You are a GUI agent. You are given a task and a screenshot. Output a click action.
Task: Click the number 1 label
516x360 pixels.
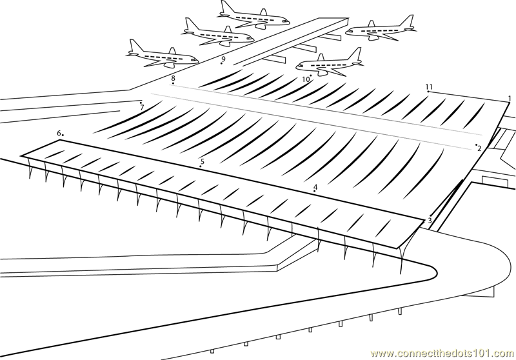point(510,98)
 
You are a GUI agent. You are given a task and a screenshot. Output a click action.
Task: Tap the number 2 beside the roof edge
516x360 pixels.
point(479,149)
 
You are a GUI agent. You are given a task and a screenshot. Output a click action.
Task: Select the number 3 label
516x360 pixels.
point(430,221)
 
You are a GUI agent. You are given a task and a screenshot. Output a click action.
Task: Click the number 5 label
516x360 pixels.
point(203,161)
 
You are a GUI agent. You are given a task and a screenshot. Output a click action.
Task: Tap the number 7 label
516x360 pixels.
point(142,108)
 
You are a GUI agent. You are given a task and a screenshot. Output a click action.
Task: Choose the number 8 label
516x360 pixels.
point(173,78)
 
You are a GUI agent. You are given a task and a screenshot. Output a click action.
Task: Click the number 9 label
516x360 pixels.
point(223,59)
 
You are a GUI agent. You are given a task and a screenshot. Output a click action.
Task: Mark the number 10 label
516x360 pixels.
point(306,80)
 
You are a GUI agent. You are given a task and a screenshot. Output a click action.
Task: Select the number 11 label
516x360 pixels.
point(429,86)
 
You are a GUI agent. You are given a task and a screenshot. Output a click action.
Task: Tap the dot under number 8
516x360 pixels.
point(173,84)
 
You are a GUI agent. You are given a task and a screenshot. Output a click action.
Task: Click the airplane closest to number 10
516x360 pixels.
point(329,63)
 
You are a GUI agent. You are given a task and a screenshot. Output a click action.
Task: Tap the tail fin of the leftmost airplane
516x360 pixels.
point(135,45)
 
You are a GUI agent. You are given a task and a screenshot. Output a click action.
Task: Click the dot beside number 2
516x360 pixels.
point(476,145)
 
